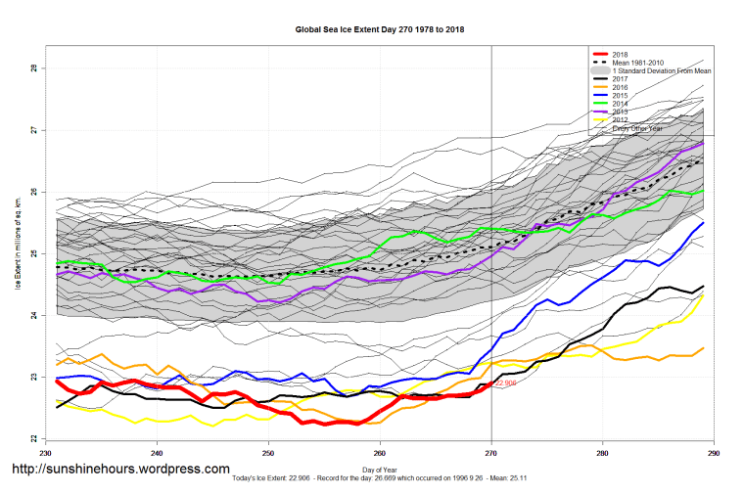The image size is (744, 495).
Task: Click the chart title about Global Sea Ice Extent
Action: [380, 29]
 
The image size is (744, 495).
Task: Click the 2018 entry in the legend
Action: [621, 54]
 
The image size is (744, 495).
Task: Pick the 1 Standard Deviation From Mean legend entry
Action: [661, 71]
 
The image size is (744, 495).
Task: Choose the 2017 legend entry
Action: [621, 79]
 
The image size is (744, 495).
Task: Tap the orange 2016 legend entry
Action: [621, 88]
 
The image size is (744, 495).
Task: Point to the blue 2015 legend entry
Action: [621, 96]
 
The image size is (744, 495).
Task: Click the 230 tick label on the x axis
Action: [45, 454]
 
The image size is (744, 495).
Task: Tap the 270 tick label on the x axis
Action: [491, 454]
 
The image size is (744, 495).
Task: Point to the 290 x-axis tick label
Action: [714, 454]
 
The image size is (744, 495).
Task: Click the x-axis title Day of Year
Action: [380, 471]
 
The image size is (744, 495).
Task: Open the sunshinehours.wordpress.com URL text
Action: [120, 470]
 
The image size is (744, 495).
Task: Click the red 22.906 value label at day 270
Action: [506, 383]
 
